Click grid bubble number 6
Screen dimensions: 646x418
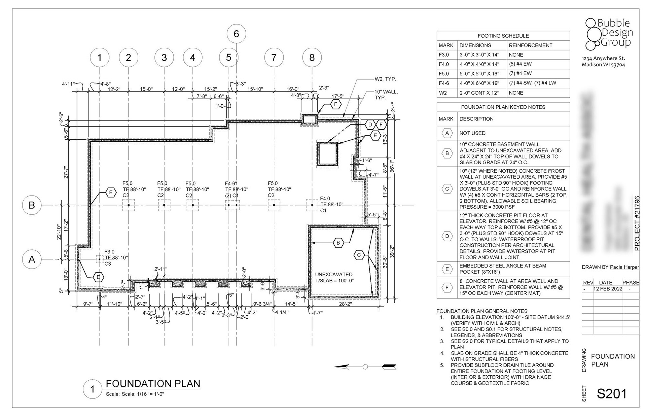pyautogui.click(x=236, y=34)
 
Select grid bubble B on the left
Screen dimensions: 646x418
pyautogui.click(x=32, y=205)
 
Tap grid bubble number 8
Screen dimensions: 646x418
pyautogui.click(x=312, y=58)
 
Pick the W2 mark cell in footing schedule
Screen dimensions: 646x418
pyautogui.click(x=443, y=93)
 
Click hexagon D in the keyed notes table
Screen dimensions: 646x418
pyautogui.click(x=447, y=236)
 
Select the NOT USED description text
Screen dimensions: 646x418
pyautogui.click(x=472, y=133)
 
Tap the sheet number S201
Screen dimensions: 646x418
pyautogui.click(x=612, y=394)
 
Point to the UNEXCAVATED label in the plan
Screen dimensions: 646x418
pyautogui.click(x=333, y=275)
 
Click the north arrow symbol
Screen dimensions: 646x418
pyautogui.click(x=365, y=367)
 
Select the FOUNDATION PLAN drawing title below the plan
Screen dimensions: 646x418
pyautogui.click(x=153, y=384)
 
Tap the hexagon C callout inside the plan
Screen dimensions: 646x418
pyautogui.click(x=359, y=255)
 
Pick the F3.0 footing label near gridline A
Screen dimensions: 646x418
pyautogui.click(x=109, y=252)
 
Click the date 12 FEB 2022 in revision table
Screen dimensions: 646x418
pyautogui.click(x=608, y=289)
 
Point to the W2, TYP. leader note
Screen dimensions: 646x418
pyautogui.click(x=385, y=79)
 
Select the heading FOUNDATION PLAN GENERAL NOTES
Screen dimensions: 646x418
pyautogui.click(x=482, y=311)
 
